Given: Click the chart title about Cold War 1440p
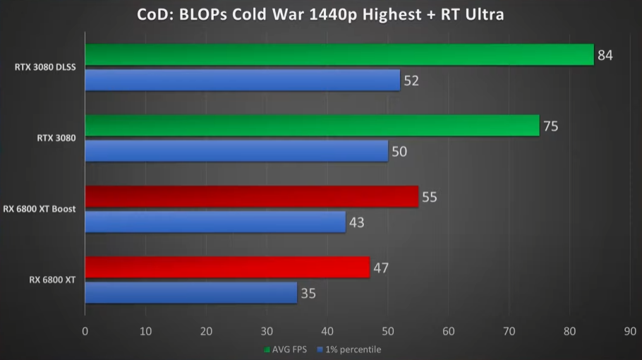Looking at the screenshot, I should click(x=320, y=15).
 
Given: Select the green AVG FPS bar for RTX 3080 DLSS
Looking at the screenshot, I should click(x=339, y=54).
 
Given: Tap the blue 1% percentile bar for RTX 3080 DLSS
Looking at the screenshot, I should click(x=242, y=80).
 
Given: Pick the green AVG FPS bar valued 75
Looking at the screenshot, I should click(x=312, y=126).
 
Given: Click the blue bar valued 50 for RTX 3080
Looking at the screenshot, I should click(x=236, y=151).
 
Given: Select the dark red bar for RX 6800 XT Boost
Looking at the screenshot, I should click(x=251, y=196).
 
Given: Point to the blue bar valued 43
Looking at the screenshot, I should click(x=215, y=222).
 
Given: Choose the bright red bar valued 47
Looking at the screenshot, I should click(x=227, y=268).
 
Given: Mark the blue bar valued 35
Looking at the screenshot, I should click(x=190, y=292).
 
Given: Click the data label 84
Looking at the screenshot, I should click(x=605, y=55).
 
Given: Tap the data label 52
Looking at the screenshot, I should click(x=411, y=81).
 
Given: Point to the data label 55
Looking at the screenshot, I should click(x=429, y=197).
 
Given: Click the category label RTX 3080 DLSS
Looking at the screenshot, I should click(x=45, y=68).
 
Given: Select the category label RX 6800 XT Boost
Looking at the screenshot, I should click(x=40, y=209).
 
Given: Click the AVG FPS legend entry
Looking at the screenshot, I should click(x=286, y=349).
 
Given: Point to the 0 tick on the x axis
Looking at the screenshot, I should click(x=85, y=330).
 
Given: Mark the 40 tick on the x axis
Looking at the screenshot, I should click(x=327, y=330).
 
